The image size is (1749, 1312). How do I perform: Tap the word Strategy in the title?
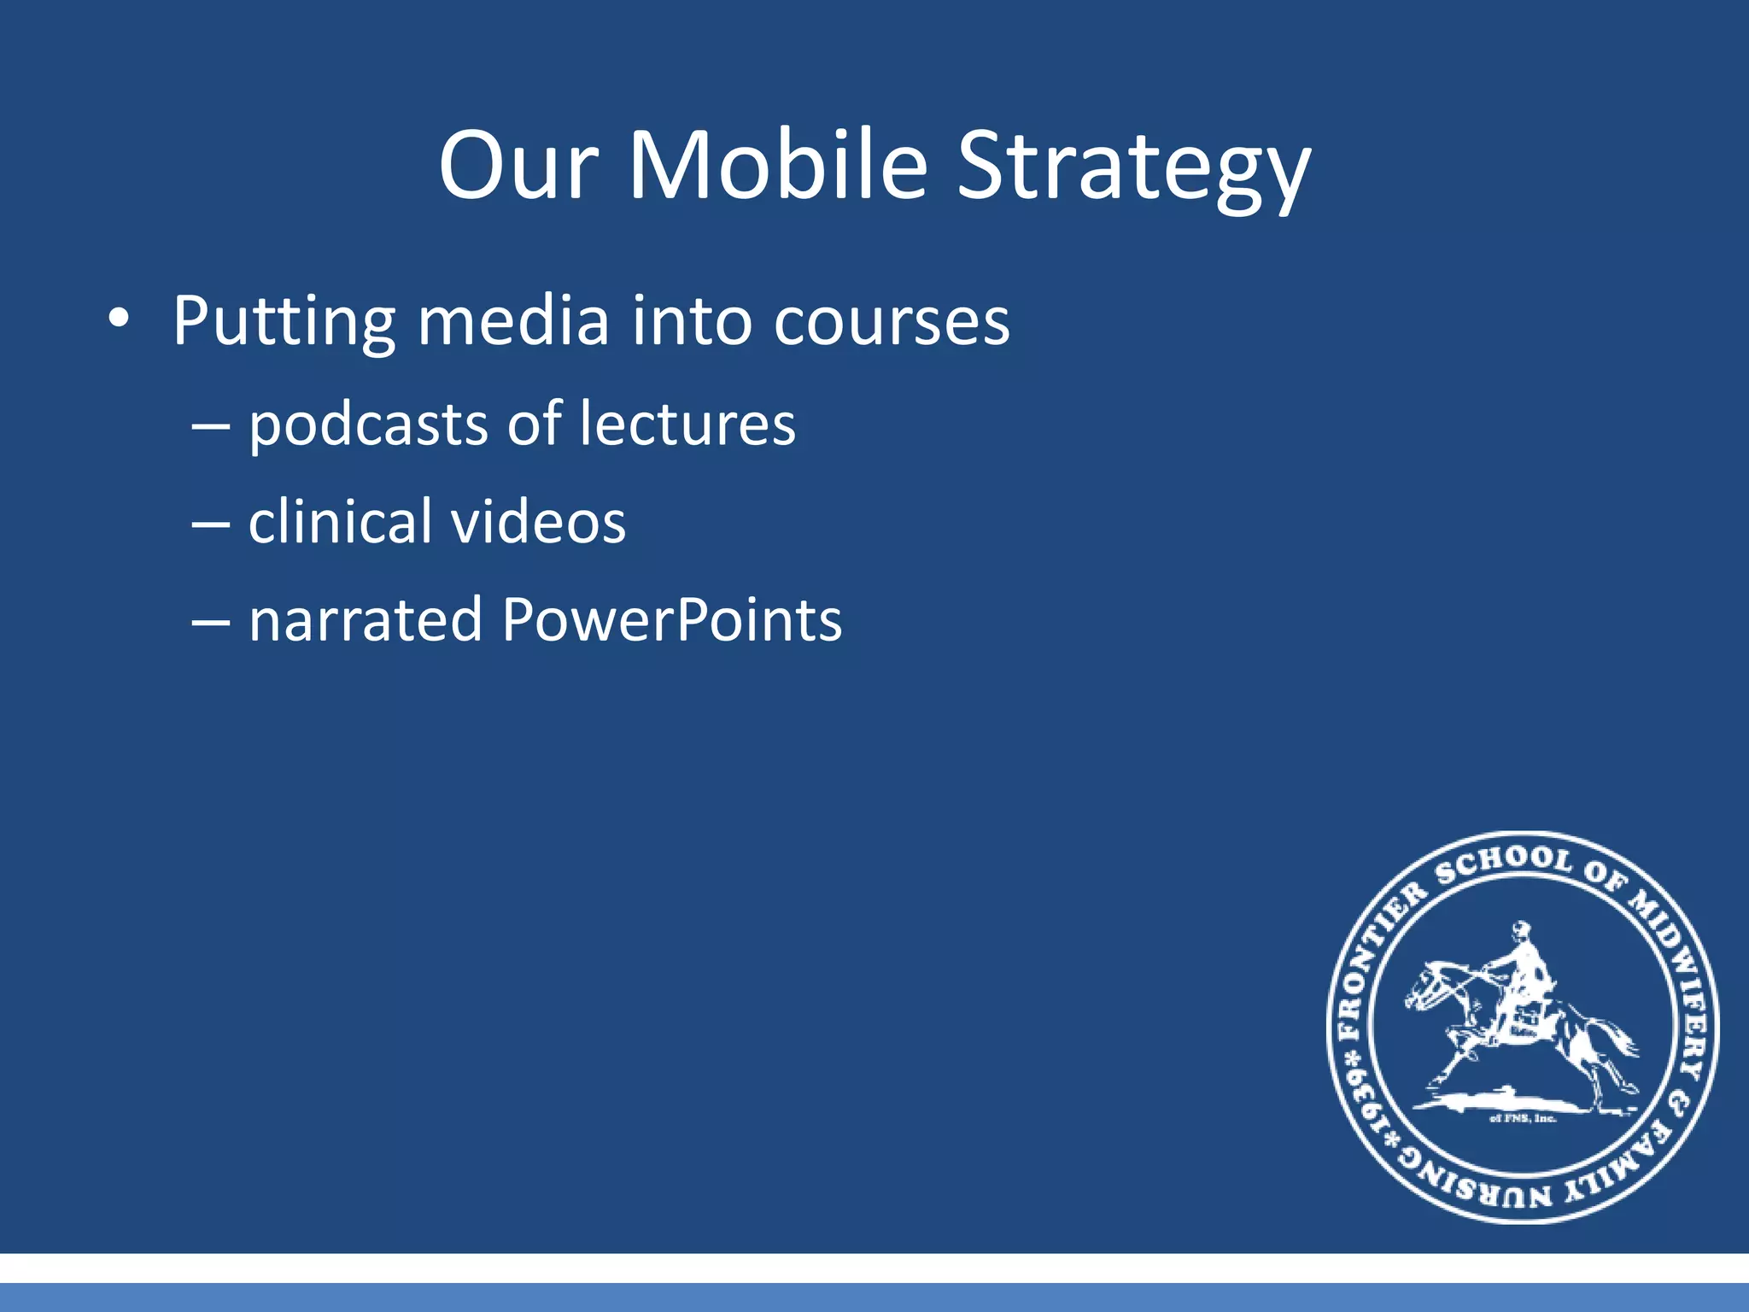coord(1132,168)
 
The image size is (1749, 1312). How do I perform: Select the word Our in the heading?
coord(518,165)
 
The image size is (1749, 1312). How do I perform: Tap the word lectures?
coord(687,425)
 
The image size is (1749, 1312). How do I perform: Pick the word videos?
coord(539,522)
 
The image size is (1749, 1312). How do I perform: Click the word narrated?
coord(366,619)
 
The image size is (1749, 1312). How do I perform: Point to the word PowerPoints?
coord(672,619)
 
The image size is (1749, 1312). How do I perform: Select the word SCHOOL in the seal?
coord(1503,864)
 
